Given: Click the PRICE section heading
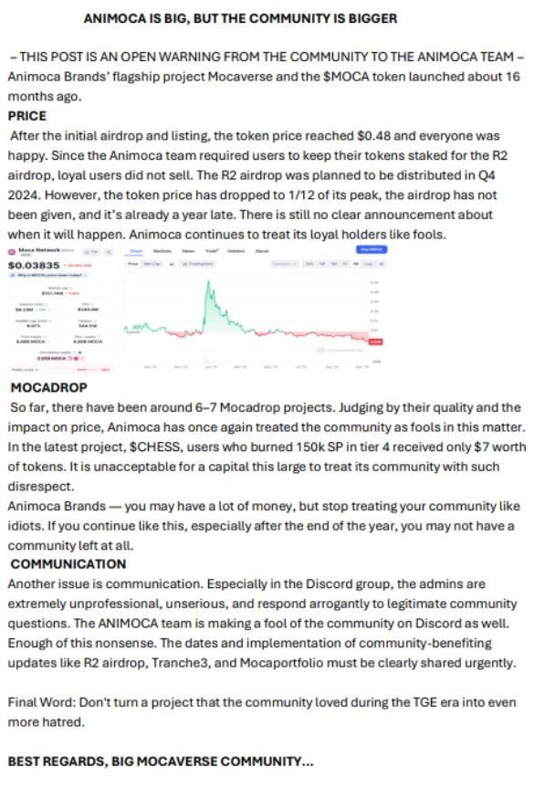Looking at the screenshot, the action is [27, 117].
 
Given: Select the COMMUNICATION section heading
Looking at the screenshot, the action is [68, 563].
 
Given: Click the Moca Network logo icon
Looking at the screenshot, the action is [12, 249].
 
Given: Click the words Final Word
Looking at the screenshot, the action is [40, 702].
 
